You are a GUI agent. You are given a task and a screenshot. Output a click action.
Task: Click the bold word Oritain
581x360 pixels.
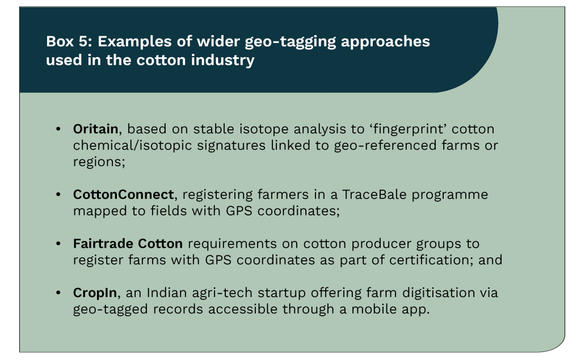95,129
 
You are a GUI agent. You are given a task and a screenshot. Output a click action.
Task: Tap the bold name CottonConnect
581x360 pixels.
123,194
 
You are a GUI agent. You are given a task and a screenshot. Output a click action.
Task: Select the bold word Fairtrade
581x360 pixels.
103,244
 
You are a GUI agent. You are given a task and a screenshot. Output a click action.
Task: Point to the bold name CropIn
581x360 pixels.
95,293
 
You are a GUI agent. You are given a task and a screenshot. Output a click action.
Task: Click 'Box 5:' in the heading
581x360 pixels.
69,41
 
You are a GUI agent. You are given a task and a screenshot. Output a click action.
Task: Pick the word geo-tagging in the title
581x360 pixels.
290,42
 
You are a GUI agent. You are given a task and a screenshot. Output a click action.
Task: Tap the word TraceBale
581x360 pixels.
374,194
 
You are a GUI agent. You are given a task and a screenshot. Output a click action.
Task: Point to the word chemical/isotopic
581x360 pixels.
132,146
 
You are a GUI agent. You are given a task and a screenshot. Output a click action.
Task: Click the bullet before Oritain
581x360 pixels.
58,129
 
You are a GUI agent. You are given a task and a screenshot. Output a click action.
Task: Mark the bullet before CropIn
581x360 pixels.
58,293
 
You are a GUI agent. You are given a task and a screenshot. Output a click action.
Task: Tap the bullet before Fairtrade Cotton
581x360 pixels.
58,243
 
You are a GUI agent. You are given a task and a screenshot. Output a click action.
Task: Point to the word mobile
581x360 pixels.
374,309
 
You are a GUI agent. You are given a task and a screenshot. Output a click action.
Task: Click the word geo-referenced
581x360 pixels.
385,146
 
